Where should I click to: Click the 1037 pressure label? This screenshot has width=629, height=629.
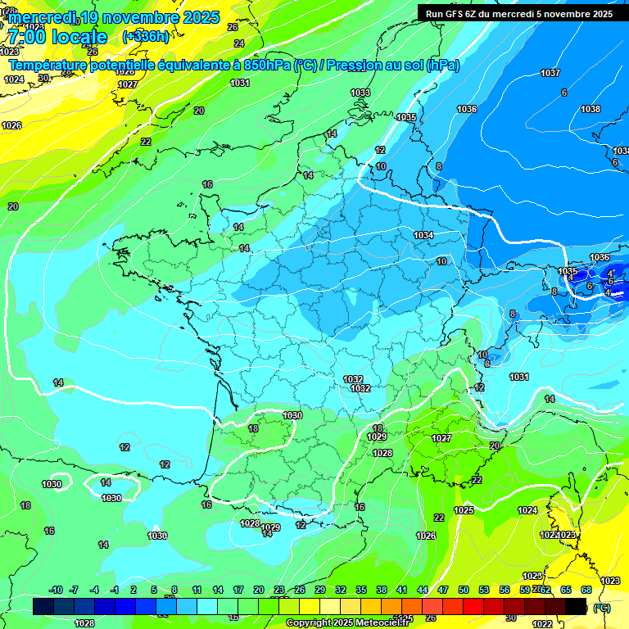[550, 73]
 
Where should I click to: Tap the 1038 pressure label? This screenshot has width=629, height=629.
[590, 109]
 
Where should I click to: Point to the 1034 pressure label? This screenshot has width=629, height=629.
[423, 235]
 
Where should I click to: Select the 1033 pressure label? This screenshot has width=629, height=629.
[360, 93]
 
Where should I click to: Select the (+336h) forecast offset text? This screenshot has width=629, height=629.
[145, 37]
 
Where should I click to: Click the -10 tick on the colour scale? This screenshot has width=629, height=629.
[56, 591]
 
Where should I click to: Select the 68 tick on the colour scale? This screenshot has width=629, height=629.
[586, 591]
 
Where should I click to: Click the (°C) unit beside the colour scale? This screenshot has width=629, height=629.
[601, 607]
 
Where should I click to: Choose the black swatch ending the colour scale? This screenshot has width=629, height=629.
[576, 606]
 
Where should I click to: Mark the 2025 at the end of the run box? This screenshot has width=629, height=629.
[600, 14]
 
